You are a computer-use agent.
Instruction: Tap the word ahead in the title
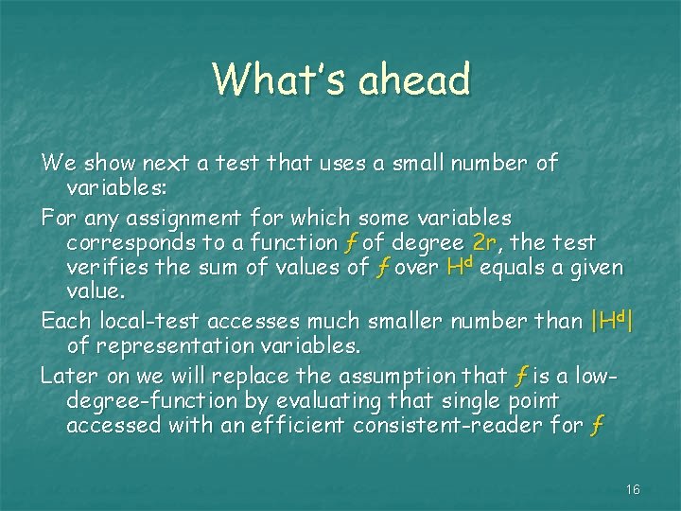pos(414,79)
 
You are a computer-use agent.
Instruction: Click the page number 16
pos(633,489)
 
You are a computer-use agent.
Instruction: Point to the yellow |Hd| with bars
pos(611,321)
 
